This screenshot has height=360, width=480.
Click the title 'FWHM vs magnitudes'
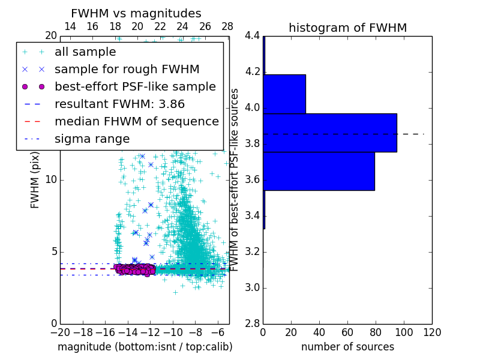pos(136,13)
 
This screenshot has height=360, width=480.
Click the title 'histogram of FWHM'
pos(347,28)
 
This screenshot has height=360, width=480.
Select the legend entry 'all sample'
pos(85,52)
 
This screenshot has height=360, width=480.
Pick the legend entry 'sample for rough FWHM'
pos(127,70)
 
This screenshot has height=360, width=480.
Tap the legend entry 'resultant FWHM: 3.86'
pos(119,104)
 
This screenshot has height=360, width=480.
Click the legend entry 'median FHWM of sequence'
pos(136,121)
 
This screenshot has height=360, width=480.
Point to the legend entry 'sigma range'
pos(92,139)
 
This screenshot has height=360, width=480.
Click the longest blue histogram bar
pos(329,132)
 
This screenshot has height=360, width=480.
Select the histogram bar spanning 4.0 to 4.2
pos(284,94)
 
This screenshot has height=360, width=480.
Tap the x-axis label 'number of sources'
pos(347,347)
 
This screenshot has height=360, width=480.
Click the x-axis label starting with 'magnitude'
pos(145,347)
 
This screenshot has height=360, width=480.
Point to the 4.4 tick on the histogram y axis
pos(253,36)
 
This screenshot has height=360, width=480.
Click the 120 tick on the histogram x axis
pos(432,332)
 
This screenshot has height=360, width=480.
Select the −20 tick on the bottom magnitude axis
pos(60,332)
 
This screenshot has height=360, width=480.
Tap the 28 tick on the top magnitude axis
pos(227,26)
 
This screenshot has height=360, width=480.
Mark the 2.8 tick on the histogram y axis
pos(253,324)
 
